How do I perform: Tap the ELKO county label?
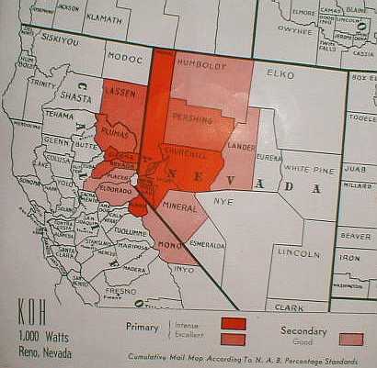(278, 71)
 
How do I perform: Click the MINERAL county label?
(179, 207)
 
